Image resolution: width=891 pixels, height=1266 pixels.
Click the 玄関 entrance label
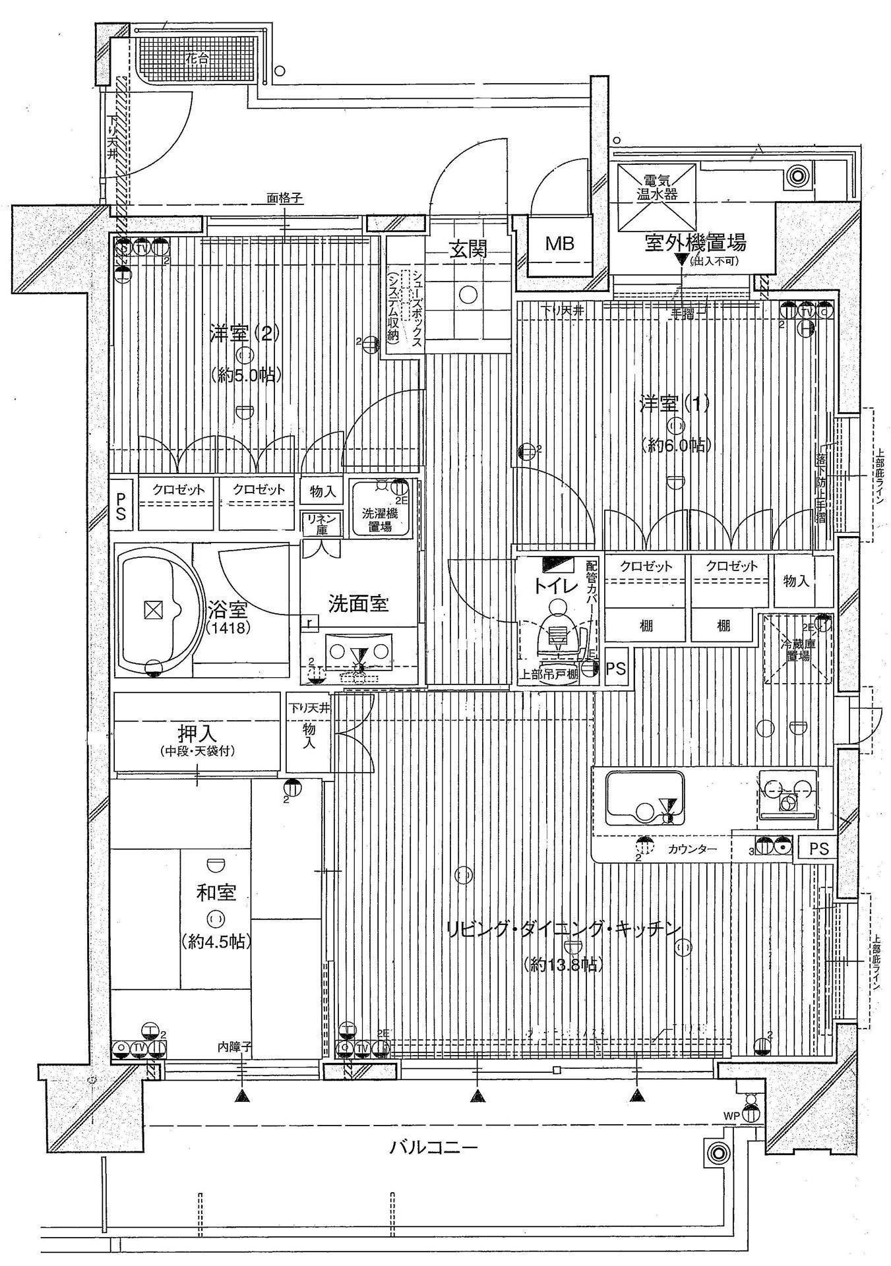point(469,249)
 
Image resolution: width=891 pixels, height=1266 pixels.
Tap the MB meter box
point(559,243)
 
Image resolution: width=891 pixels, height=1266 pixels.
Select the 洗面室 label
point(358,603)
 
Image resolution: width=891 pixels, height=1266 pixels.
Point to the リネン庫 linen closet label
point(321,525)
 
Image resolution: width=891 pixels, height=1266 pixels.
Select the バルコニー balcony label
point(433,1148)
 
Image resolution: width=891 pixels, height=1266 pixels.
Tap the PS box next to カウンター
point(818,849)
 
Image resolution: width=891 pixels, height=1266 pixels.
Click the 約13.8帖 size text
point(562,965)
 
